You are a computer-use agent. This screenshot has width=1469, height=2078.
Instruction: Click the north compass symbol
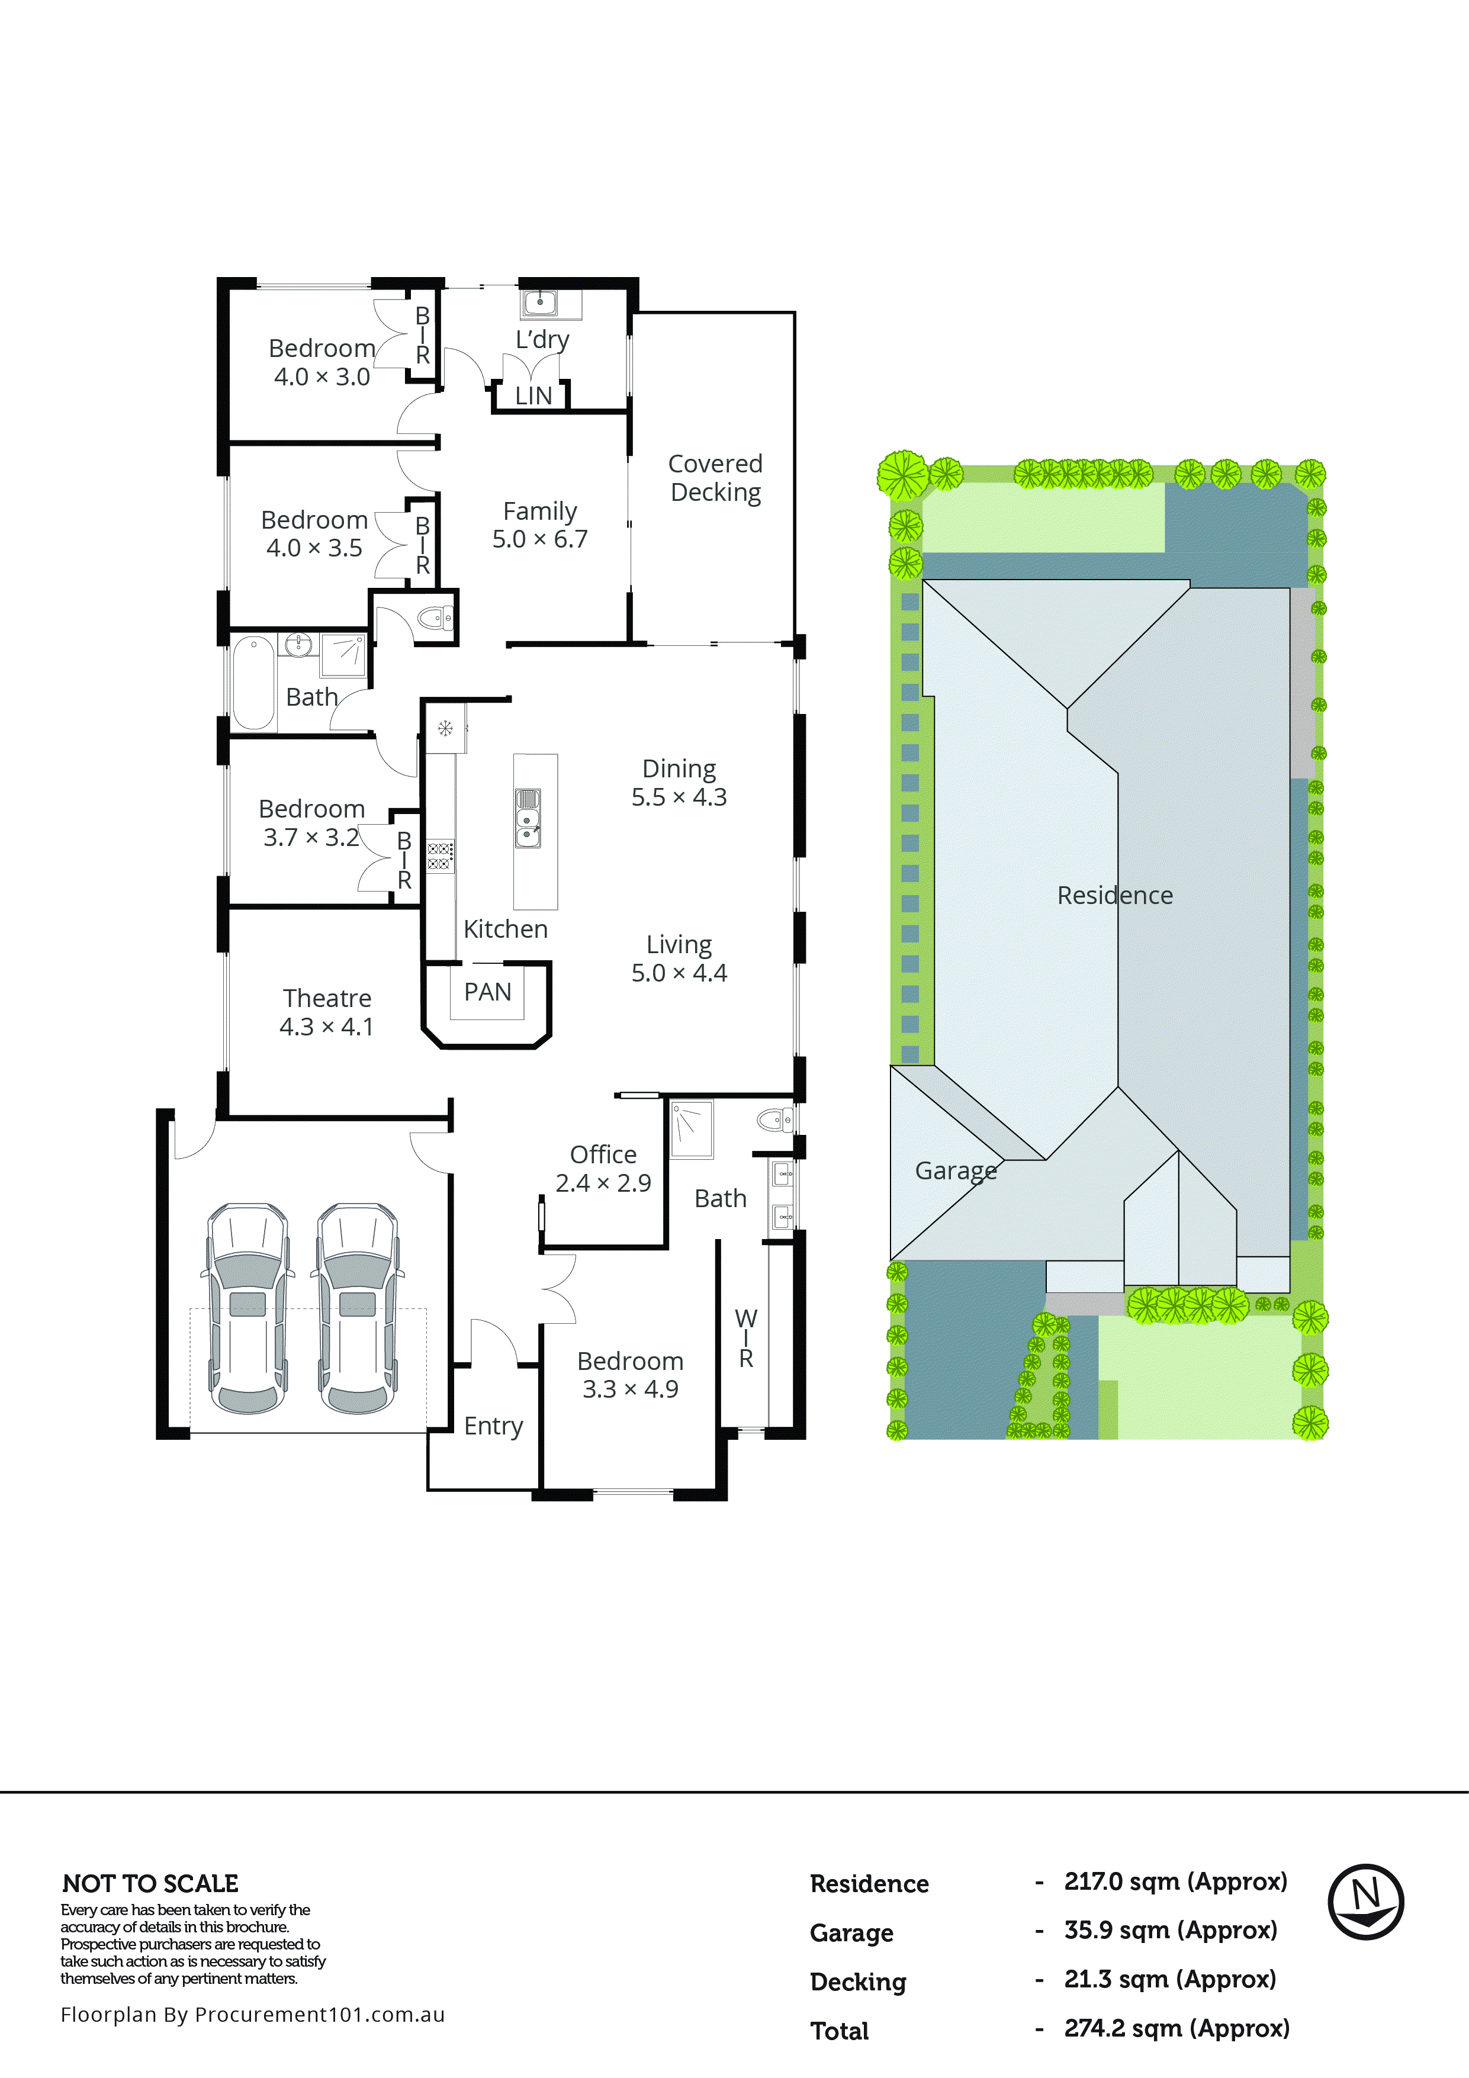1366,1902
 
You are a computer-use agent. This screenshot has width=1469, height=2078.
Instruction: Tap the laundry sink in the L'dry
539,303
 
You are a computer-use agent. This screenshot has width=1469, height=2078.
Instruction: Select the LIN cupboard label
533,395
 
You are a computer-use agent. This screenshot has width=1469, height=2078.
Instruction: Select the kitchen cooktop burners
440,856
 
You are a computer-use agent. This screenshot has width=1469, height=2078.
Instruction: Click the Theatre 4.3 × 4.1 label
327,1012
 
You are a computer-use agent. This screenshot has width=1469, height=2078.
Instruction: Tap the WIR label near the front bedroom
746,1337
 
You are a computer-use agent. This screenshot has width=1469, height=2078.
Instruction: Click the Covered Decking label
715,477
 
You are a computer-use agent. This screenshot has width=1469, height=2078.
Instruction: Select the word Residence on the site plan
1114,895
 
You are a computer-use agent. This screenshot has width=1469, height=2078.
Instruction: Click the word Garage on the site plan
956,1170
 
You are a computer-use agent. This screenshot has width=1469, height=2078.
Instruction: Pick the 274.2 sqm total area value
1176,2028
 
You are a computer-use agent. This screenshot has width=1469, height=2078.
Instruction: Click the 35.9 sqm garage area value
1169,1931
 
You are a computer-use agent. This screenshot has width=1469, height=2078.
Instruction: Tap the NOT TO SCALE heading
150,1883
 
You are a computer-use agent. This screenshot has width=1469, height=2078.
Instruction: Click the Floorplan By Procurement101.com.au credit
252,2015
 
